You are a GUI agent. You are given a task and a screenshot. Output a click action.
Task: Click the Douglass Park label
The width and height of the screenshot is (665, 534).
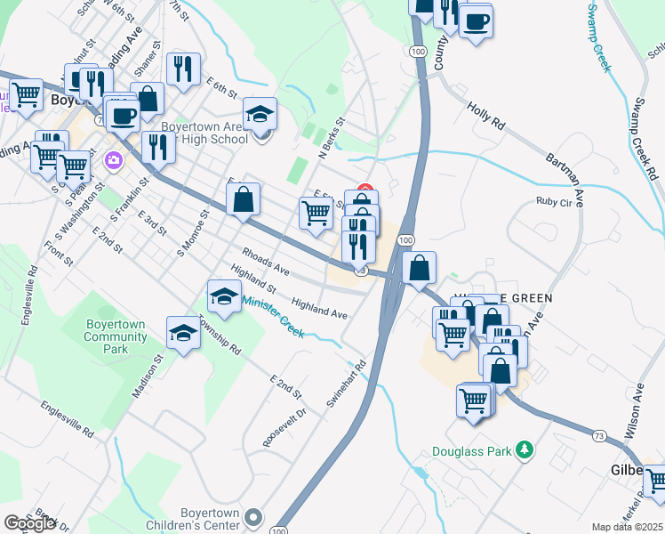click(x=472, y=451)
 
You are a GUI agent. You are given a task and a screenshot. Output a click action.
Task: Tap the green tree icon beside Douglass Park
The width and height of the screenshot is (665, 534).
click(x=526, y=450)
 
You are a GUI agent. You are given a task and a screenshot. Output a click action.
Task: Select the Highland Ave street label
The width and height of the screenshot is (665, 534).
click(x=319, y=308)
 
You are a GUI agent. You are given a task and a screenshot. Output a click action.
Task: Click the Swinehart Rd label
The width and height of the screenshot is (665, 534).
click(x=346, y=384)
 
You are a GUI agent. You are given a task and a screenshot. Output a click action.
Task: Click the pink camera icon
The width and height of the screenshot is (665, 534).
click(x=114, y=161)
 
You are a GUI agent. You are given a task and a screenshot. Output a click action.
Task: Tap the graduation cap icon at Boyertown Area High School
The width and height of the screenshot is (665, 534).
click(x=260, y=115)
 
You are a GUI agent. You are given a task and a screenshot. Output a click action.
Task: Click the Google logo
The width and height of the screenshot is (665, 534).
click(x=29, y=523)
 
